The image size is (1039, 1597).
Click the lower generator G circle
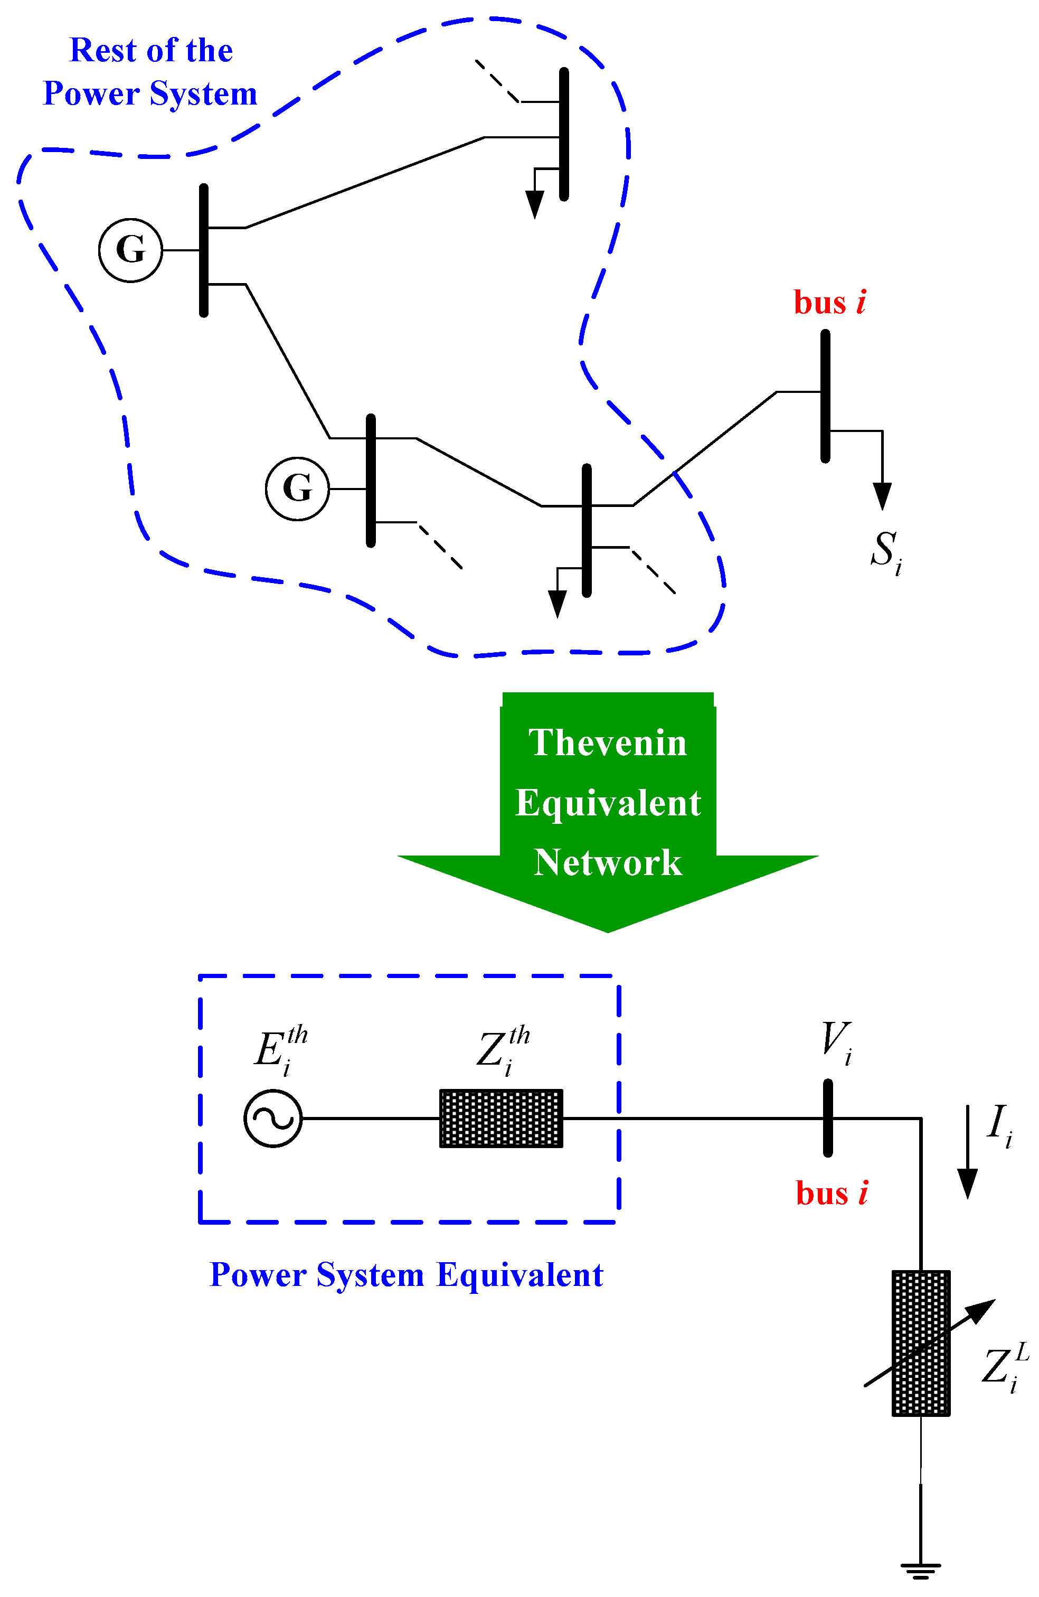click(297, 489)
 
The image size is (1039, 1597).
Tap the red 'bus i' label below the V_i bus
click(831, 1193)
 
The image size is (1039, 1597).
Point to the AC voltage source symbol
click(273, 1119)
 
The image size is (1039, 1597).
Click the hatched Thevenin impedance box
click(501, 1119)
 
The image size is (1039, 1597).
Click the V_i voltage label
click(836, 1041)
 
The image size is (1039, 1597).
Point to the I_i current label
click(999, 1124)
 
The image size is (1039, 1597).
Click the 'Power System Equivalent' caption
click(407, 1275)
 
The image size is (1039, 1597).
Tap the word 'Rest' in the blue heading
click(102, 51)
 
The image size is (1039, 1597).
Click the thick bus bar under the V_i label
click(828, 1118)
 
